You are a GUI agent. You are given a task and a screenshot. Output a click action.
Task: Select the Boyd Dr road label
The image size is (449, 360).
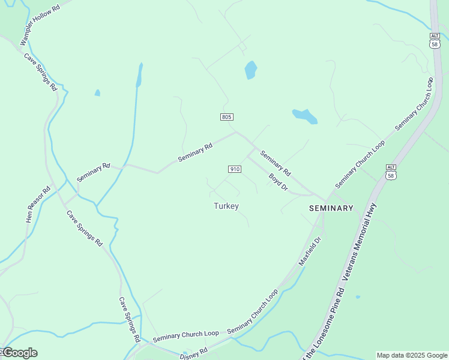[x=279, y=183]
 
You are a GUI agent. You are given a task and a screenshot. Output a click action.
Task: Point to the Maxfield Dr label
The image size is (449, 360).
[x=311, y=251]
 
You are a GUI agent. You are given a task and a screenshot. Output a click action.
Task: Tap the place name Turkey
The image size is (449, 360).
[x=226, y=206]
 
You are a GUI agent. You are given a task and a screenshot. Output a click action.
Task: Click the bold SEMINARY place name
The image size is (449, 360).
[x=331, y=208]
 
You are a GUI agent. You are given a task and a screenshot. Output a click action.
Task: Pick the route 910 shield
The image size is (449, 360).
[x=235, y=169]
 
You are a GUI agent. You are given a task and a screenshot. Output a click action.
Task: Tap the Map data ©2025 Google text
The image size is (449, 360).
[x=412, y=355]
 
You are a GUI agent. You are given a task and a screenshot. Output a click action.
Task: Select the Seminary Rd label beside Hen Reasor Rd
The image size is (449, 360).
[x=94, y=173]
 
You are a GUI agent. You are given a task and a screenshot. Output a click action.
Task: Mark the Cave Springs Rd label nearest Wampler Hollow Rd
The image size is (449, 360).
[x=41, y=72]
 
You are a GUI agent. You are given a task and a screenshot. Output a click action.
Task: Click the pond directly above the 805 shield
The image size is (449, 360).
[x=250, y=70]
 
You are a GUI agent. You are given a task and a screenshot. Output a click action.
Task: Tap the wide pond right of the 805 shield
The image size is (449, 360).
[x=304, y=116]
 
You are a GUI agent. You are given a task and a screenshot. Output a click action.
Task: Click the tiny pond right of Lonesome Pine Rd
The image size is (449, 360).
[x=358, y=296]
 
